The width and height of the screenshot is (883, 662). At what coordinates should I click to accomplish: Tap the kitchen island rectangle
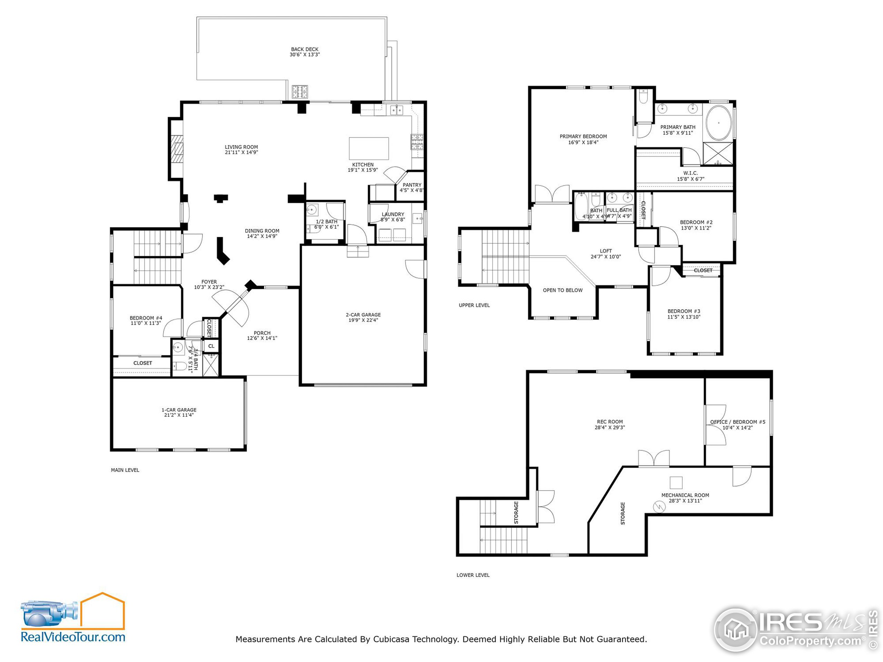(369, 149)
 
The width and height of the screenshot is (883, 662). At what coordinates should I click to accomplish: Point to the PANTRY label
(412, 185)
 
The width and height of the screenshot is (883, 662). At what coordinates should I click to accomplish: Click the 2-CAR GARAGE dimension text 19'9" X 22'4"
(363, 320)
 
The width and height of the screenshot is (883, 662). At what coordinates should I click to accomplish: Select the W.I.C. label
(690, 173)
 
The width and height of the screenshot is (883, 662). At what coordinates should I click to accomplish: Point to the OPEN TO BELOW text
(563, 290)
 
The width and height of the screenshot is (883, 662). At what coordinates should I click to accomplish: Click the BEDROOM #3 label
(684, 311)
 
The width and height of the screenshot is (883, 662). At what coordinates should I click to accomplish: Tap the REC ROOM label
(609, 422)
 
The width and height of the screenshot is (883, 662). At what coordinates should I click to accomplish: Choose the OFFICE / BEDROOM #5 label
(737, 422)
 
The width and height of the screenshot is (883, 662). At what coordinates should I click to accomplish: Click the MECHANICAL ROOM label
(685, 495)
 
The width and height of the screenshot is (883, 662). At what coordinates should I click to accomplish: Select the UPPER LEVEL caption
(474, 305)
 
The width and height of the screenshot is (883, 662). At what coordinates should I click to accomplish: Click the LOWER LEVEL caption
(473, 575)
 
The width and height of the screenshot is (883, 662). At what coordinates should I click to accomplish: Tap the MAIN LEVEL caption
(125, 470)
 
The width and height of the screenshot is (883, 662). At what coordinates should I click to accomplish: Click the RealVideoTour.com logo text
(73, 637)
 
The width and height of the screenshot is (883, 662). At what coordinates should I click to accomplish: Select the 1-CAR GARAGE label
(179, 410)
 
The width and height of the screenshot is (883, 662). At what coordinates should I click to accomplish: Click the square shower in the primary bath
(718, 153)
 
